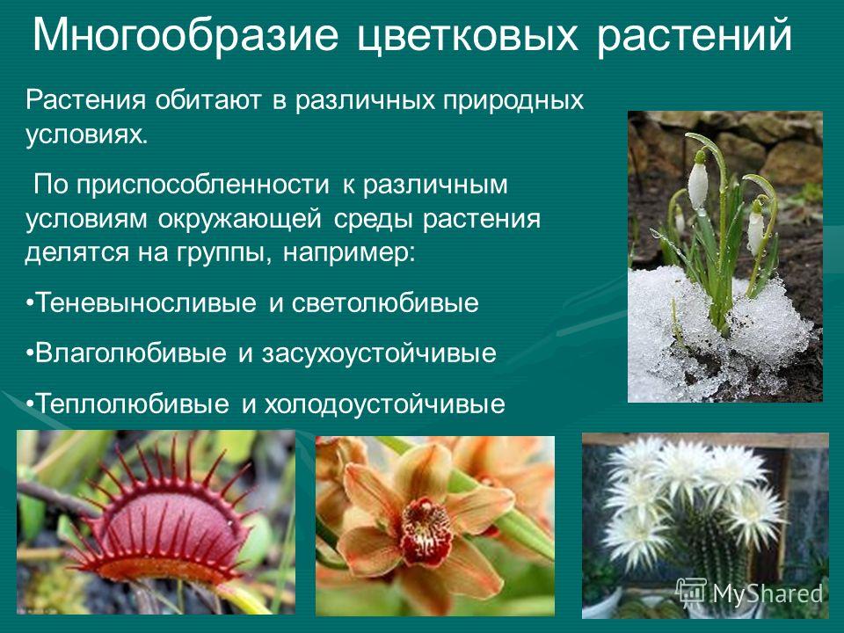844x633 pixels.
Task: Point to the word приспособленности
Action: tap(202, 186)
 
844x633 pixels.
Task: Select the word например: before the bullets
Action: tap(349, 253)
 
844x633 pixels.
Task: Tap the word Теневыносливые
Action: tap(145, 302)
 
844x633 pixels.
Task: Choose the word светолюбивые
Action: tap(385, 303)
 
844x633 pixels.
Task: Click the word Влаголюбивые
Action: tap(130, 353)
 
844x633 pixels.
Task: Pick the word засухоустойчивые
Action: tap(379, 354)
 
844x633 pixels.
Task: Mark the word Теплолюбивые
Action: tap(132, 404)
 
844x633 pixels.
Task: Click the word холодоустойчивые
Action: tap(384, 404)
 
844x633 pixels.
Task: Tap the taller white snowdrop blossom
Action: tap(697, 182)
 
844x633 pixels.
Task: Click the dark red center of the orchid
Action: tap(426, 530)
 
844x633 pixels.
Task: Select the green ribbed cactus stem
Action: tap(710, 543)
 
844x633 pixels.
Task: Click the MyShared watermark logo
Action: tap(749, 593)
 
